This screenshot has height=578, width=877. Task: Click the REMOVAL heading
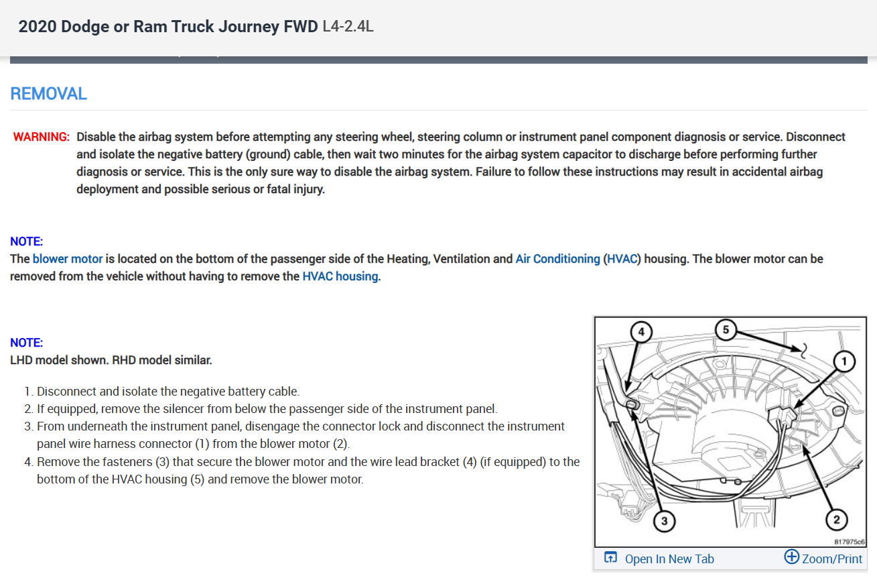(48, 93)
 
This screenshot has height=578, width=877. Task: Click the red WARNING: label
(41, 137)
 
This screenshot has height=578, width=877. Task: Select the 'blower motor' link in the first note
(68, 259)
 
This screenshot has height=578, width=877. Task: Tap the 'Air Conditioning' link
(557, 259)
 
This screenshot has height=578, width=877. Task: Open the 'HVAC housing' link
(340, 276)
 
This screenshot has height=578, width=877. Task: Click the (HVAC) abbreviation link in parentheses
(622, 259)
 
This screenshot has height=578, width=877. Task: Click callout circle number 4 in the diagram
(641, 332)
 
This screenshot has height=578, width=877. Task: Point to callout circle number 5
(726, 329)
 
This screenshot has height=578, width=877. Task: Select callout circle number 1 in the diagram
(844, 362)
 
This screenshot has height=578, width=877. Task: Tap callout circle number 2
(835, 520)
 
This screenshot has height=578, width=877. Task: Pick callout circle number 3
(663, 521)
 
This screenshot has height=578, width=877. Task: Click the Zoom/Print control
(823, 558)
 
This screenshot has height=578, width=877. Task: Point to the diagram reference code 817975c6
(850, 540)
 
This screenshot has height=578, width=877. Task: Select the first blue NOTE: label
(27, 241)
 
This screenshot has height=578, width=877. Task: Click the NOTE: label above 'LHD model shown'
(27, 343)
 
